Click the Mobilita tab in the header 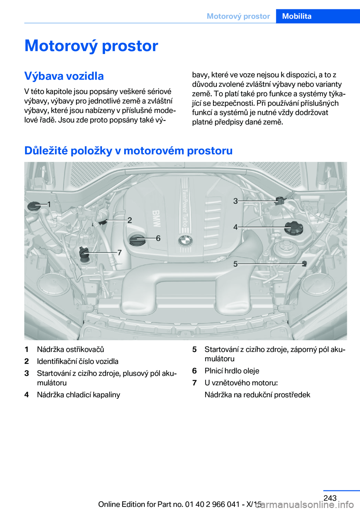click(x=297, y=16)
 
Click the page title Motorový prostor click(x=91, y=46)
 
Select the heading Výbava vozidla click(x=64, y=76)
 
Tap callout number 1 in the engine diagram click(x=49, y=204)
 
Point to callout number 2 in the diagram click(x=129, y=220)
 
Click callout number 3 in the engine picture click(x=235, y=201)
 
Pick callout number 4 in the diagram click(x=235, y=227)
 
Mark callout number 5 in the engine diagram click(x=235, y=264)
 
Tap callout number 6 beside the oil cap click(x=158, y=238)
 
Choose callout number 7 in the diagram click(x=120, y=252)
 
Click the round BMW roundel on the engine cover click(x=185, y=241)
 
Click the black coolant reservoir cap click(x=294, y=227)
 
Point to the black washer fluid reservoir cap click(x=34, y=206)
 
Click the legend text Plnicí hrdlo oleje click(x=232, y=371)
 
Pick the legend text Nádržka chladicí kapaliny click(x=78, y=395)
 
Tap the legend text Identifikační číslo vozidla click(x=78, y=361)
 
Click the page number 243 click(x=330, y=498)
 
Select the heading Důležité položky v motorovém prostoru click(x=128, y=150)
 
